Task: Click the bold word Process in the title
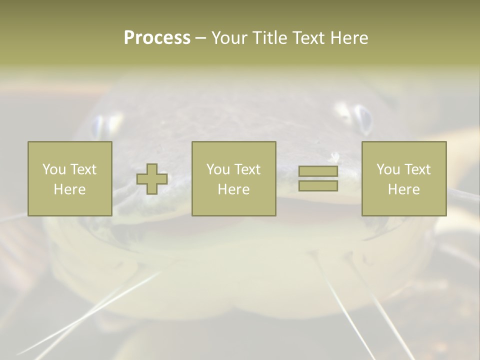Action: tap(157, 38)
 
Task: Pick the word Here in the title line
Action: tap(349, 38)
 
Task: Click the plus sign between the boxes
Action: tap(152, 178)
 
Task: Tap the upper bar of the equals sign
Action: tap(318, 171)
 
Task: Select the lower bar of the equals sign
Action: tap(318, 186)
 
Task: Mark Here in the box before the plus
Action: tap(69, 189)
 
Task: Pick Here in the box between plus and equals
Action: tap(233, 189)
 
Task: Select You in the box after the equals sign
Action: tap(388, 169)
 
